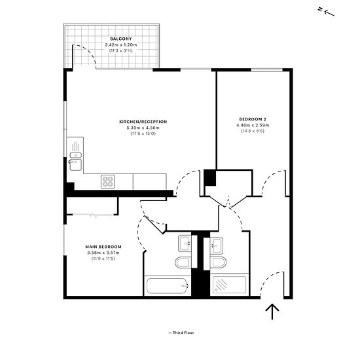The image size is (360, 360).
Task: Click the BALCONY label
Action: click(121, 39)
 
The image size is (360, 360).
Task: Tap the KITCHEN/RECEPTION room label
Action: click(143, 122)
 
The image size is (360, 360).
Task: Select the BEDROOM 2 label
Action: click(253, 119)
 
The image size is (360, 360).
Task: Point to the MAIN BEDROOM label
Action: click(103, 247)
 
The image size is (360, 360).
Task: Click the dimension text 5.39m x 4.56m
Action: click(143, 128)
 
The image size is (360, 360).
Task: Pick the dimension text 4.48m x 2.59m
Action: click(253, 125)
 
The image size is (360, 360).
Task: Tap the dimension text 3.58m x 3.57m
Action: click(103, 253)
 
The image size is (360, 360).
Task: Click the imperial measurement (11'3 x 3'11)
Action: click(121, 50)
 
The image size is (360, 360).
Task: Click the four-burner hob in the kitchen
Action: click(108, 181)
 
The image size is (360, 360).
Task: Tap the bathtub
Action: click(167, 286)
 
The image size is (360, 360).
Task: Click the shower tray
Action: click(229, 285)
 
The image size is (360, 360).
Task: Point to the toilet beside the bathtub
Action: click(183, 262)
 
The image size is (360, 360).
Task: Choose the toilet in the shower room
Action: click(218, 262)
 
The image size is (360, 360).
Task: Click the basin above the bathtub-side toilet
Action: click(185, 243)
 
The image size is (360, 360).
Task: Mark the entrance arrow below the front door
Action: click(272, 312)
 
